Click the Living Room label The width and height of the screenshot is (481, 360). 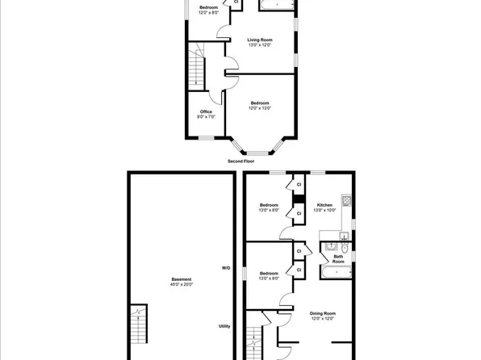coord(259,42)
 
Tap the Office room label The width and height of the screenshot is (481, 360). coord(206,114)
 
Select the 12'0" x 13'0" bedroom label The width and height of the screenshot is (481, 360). coord(259,105)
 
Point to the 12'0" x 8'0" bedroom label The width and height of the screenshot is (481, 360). coord(209,10)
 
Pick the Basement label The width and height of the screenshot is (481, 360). coord(181,282)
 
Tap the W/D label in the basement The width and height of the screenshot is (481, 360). coord(226,267)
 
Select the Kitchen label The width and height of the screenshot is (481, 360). coord(324,208)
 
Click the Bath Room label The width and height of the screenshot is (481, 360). coord(338,260)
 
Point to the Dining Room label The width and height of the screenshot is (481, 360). coord(323,316)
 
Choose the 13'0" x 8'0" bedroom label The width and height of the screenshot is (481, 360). coord(269,208)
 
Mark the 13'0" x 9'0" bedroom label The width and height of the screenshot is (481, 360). coord(269,276)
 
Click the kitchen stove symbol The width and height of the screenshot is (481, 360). coord(346,199)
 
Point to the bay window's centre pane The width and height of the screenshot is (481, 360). coord(257,152)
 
